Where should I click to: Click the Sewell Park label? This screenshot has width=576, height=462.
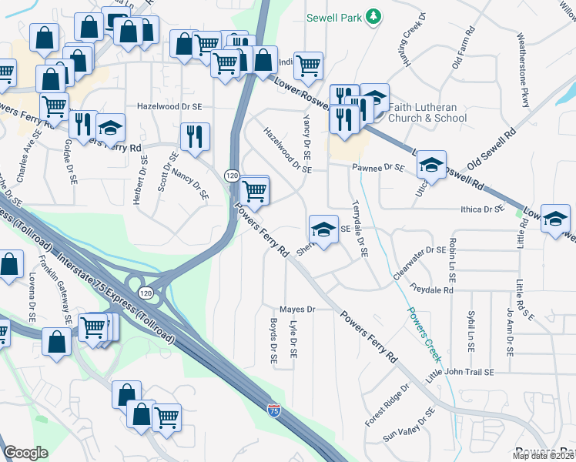[333, 16]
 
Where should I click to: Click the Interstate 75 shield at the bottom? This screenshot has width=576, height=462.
[274, 411]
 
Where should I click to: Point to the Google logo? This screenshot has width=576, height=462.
[25, 453]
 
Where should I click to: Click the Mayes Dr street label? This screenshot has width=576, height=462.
[298, 309]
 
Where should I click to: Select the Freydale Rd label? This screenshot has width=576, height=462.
[432, 290]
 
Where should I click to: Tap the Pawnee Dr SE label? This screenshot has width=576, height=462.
[378, 166]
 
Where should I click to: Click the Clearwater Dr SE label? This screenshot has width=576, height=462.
[419, 249]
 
